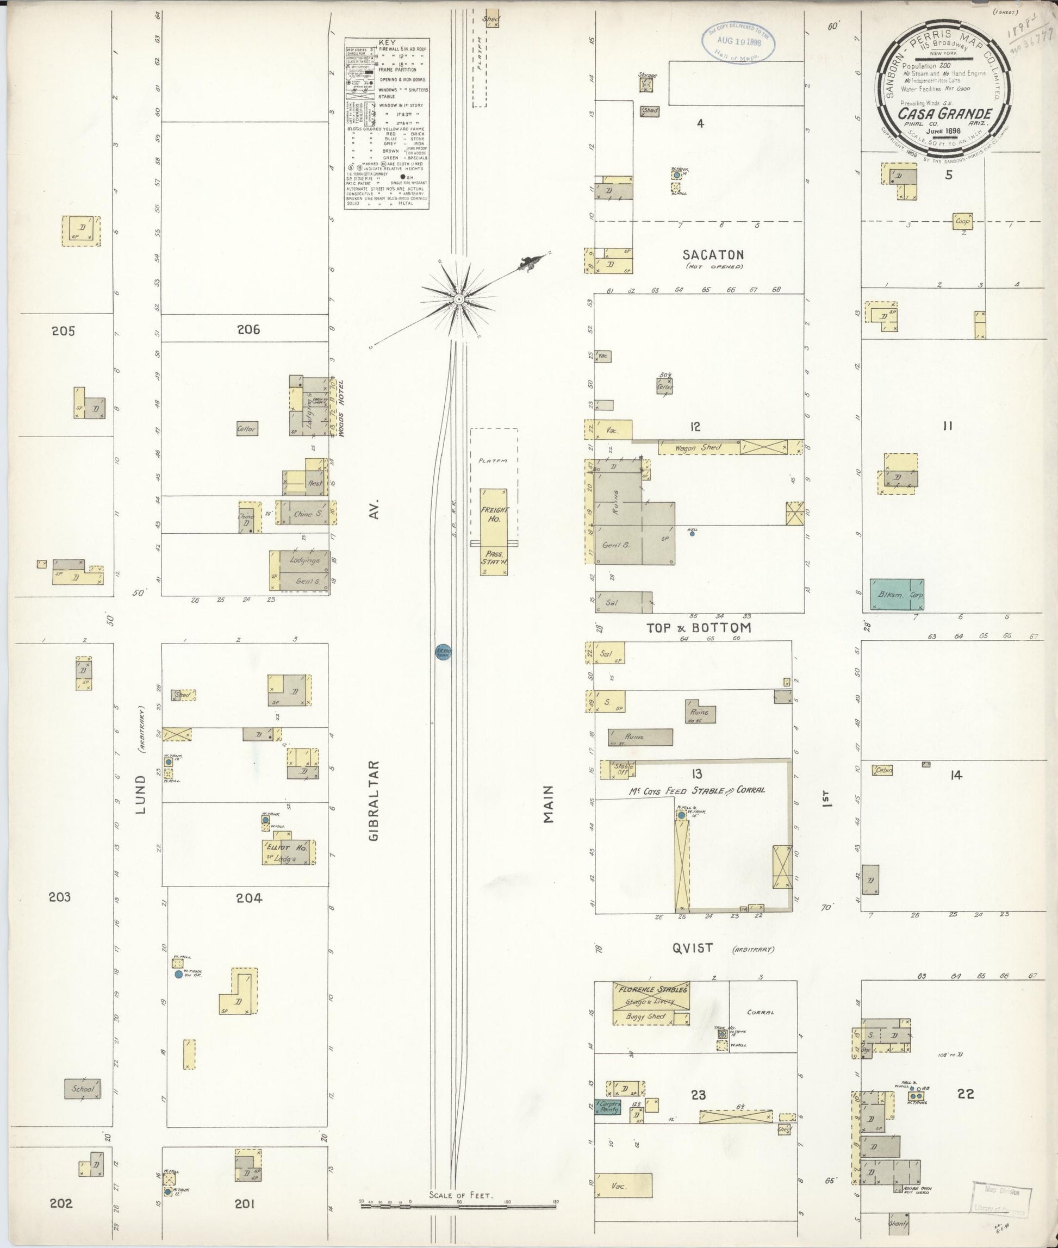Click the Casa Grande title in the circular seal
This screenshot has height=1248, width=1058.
[945, 114]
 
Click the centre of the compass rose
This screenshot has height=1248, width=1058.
[458, 298]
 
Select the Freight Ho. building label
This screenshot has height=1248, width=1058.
[494, 514]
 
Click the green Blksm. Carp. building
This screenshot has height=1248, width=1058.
[897, 594]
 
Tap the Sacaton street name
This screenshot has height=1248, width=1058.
[713, 255]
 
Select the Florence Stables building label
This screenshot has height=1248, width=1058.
[651, 989]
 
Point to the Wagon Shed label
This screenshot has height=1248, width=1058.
[698, 447]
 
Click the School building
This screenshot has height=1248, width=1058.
[83, 1089]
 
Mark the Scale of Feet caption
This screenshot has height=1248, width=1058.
[460, 1195]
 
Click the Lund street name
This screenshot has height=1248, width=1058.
[141, 795]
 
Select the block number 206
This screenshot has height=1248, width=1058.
[248, 329]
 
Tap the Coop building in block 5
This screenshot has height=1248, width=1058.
[962, 221]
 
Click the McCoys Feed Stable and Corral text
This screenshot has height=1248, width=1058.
[696, 790]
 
